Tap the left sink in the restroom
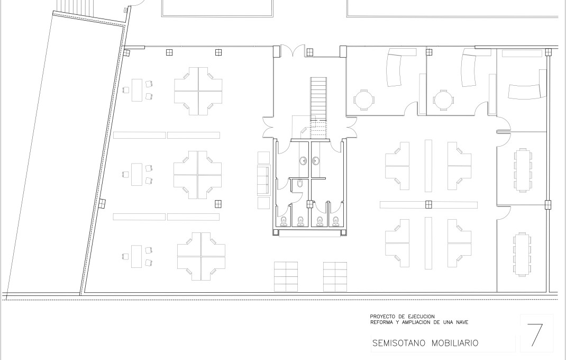click(x=303, y=161)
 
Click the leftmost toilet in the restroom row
click(x=284, y=220)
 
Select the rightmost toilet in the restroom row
click(x=335, y=220)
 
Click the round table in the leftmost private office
click(x=362, y=99)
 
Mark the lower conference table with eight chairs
click(x=522, y=253)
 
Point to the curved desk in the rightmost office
click(x=525, y=92)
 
